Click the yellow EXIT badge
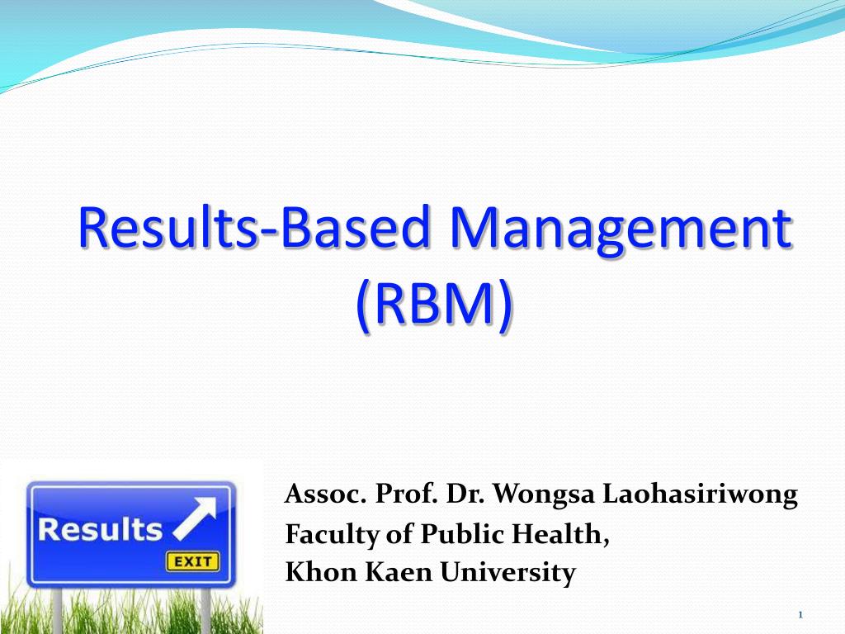pyautogui.click(x=192, y=562)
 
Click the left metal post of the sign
pyautogui.click(x=57, y=611)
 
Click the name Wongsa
pyautogui.click(x=548, y=495)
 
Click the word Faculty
pyautogui.click(x=324, y=535)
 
